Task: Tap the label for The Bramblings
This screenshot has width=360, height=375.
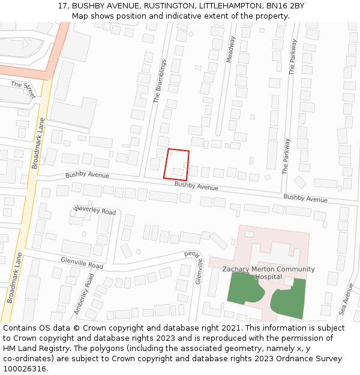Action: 160,80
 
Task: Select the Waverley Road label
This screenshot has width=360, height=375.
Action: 94,211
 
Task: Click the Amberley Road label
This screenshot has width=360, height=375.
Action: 85,294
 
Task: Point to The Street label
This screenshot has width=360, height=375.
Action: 23,89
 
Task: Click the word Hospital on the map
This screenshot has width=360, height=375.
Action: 268,277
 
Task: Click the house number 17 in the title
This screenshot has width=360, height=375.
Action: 62,5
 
